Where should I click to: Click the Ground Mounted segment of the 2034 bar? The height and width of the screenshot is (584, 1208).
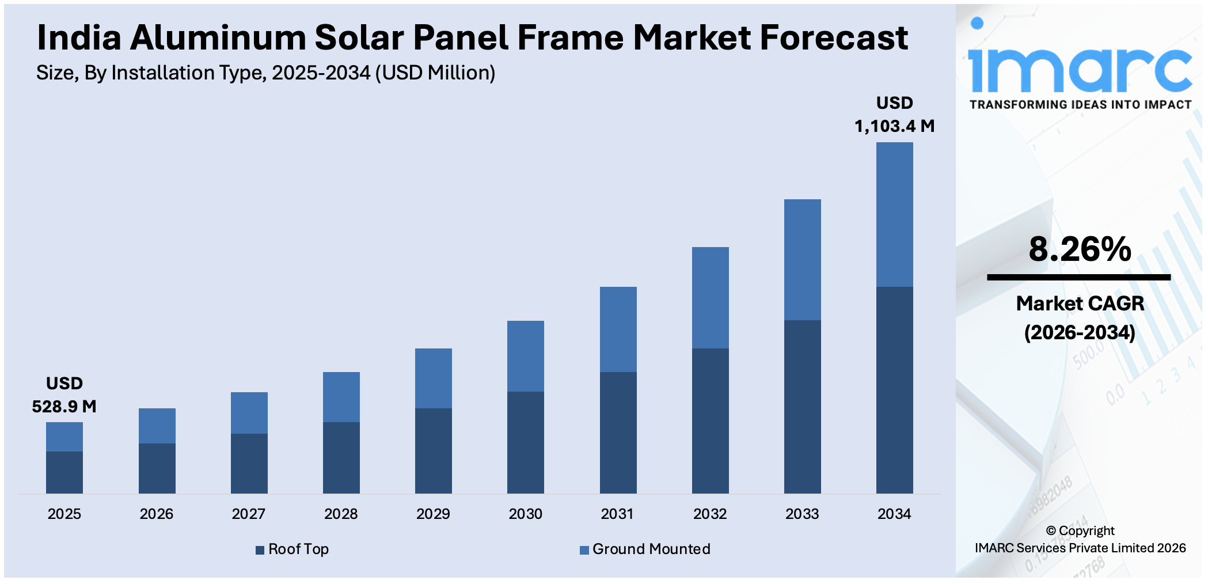(x=894, y=214)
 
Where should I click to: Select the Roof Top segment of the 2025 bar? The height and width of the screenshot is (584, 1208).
(x=64, y=472)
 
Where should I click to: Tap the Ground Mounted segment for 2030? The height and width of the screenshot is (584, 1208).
(x=525, y=356)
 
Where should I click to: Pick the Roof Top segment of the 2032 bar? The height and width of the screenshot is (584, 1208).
(x=710, y=420)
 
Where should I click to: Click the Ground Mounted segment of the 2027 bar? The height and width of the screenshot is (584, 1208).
(x=249, y=412)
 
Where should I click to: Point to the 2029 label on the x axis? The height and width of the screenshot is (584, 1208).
(x=433, y=514)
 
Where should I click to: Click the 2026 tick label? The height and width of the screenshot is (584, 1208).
(x=156, y=514)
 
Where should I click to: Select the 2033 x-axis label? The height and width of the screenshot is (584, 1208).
(x=802, y=514)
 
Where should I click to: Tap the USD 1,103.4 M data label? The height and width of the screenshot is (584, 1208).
(x=894, y=115)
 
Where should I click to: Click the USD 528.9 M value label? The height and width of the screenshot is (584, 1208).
(x=64, y=395)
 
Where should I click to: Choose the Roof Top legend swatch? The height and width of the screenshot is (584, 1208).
(x=260, y=550)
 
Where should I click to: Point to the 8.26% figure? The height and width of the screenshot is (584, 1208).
(x=1080, y=249)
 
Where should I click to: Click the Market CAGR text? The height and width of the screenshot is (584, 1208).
(x=1080, y=304)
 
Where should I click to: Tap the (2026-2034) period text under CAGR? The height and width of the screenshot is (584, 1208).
(x=1080, y=332)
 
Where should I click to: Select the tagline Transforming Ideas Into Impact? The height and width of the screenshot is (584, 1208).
(x=1080, y=105)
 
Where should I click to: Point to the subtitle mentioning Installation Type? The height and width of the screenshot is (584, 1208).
(x=265, y=73)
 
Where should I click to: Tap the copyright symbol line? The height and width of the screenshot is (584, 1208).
(x=1080, y=530)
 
